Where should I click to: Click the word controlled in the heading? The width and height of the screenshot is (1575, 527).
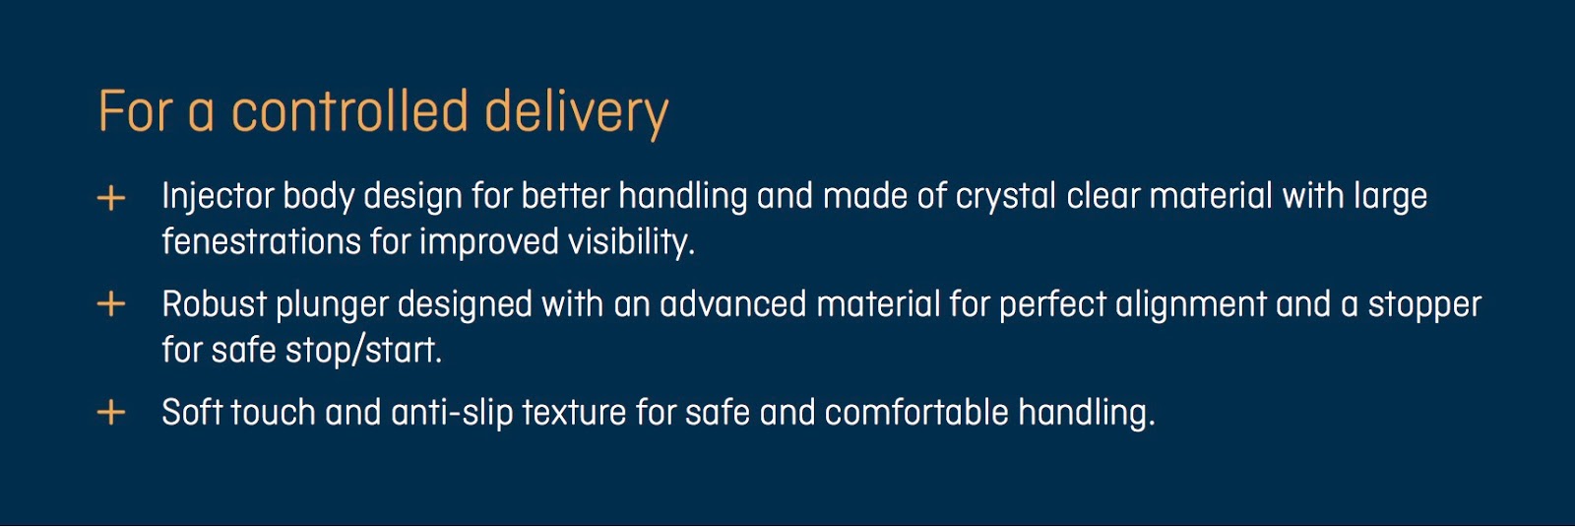[349, 111]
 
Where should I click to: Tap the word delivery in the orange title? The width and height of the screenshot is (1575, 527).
[577, 114]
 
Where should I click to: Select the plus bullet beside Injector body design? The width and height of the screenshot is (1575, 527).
[111, 198]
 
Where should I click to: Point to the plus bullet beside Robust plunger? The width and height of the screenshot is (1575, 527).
[111, 304]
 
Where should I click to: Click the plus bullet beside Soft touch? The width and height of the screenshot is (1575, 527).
[111, 413]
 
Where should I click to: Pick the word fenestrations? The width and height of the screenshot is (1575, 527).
[262, 241]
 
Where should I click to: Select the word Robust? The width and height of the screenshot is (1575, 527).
[215, 304]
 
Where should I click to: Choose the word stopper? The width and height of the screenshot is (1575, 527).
[1424, 306]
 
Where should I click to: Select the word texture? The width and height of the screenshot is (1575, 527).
[574, 413]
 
